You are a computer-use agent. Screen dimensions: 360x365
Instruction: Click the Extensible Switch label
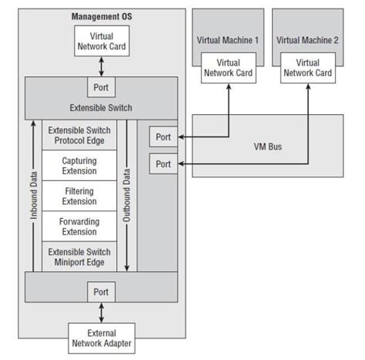(x=101, y=107)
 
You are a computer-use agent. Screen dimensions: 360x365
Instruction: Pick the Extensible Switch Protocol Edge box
(x=79, y=136)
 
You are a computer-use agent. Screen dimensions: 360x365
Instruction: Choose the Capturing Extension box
(x=79, y=166)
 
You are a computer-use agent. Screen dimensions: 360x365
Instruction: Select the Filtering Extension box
(x=79, y=196)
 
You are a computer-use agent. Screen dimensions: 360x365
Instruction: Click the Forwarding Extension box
(x=79, y=226)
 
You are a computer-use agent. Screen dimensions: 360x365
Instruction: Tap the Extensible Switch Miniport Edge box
(x=79, y=257)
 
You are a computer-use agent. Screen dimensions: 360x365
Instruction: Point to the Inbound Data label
(x=35, y=196)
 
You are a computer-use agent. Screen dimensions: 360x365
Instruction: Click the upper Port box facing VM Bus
(x=162, y=137)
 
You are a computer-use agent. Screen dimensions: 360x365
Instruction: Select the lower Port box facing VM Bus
(x=162, y=164)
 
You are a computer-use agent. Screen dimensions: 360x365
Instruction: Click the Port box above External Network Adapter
(x=102, y=292)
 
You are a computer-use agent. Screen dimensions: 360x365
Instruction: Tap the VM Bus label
(x=268, y=146)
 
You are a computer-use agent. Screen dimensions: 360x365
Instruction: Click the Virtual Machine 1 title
(x=228, y=39)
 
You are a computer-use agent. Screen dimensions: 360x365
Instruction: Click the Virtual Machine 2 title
(x=308, y=39)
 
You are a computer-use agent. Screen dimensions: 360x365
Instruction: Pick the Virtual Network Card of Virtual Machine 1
(x=228, y=68)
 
